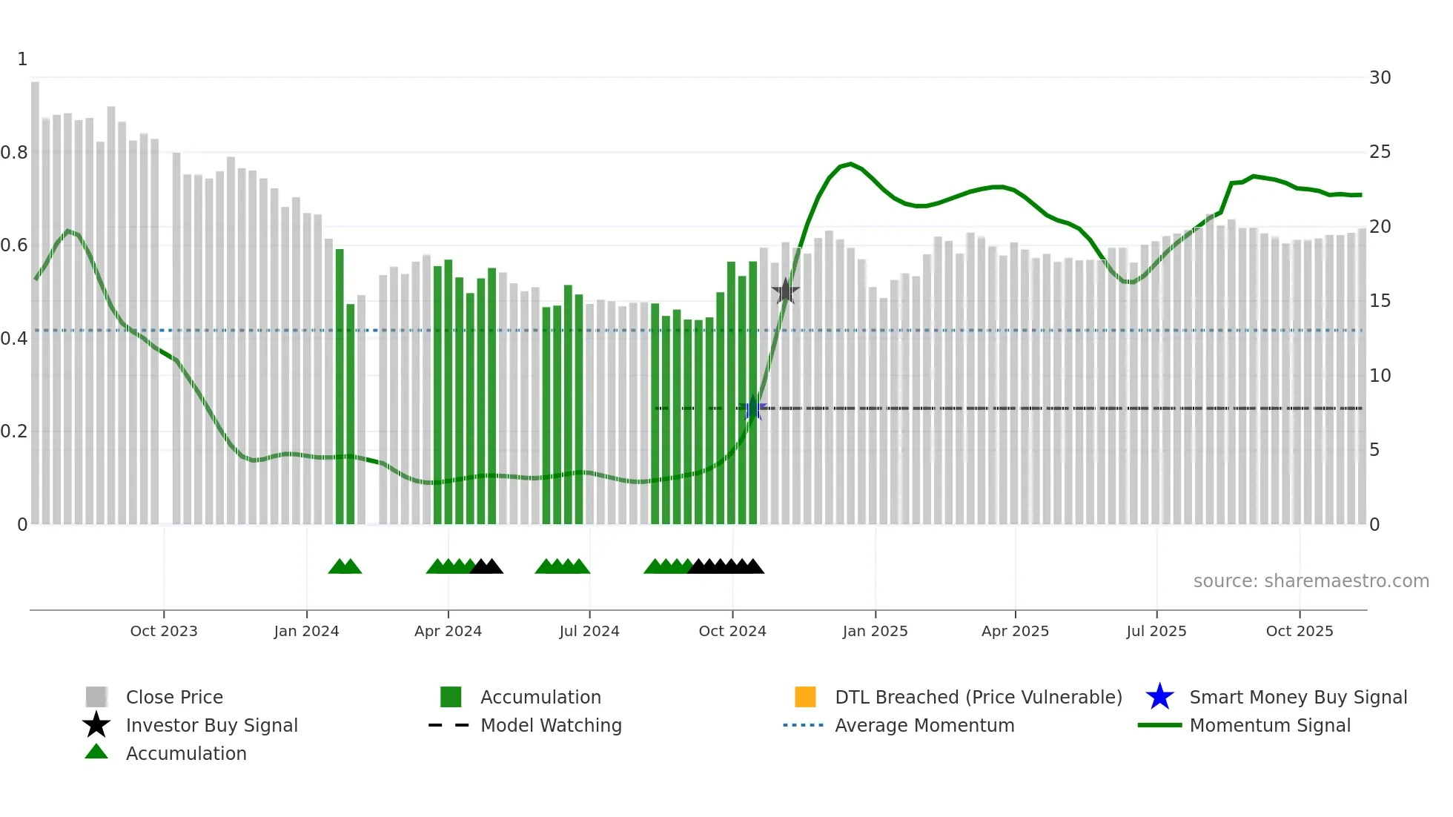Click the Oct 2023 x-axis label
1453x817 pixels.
164,631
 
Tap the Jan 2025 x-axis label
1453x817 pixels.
875,631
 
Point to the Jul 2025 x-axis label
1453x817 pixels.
1156,631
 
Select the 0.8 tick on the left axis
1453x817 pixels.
14,153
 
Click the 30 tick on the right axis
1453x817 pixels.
1380,78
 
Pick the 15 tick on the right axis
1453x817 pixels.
1380,301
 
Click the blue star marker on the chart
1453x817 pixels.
753,408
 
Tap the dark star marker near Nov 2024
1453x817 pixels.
785,291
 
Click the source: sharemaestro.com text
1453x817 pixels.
1311,581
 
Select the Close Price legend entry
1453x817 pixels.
174,697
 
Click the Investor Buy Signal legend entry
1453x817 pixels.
211,725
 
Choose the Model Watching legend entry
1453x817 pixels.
551,725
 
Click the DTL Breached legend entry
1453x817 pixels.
978,697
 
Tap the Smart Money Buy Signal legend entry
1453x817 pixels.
1297,697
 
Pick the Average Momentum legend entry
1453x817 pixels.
924,725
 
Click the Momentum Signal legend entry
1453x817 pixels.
1269,725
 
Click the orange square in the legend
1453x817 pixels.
805,697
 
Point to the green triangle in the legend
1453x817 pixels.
96,752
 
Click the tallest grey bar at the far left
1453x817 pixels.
35,297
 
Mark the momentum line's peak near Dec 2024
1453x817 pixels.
850,164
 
